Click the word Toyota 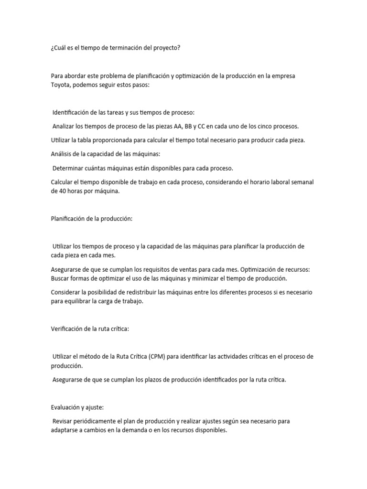pyautogui.click(x=60, y=85)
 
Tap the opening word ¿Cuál pyautogui.click(x=59, y=48)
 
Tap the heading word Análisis pyautogui.click(x=62, y=154)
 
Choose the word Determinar pyautogui.click(x=69, y=168)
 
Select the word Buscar pyautogui.click(x=61, y=278)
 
